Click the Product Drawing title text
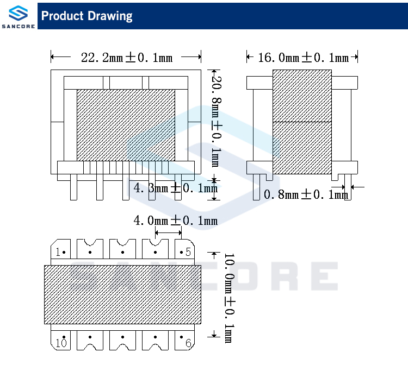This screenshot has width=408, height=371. [87, 16]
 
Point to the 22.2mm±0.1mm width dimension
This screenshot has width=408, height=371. [126, 57]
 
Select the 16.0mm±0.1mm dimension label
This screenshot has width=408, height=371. [302, 57]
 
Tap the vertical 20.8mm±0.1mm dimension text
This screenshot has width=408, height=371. [215, 122]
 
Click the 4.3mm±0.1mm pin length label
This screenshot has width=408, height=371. [175, 188]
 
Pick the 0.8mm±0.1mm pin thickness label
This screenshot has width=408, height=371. [305, 194]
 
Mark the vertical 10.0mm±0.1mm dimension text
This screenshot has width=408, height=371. [228, 298]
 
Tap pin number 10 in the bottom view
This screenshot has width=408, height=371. [60, 343]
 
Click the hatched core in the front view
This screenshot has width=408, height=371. [126, 125]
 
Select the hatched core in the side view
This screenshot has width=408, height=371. [301, 122]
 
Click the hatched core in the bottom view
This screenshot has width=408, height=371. [122, 294]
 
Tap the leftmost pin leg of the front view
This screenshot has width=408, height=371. [74, 187]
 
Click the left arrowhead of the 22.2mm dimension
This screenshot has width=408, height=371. [53, 56]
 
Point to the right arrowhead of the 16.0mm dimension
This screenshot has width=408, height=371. [355, 56]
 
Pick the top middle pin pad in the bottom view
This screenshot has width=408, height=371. [122, 250]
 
